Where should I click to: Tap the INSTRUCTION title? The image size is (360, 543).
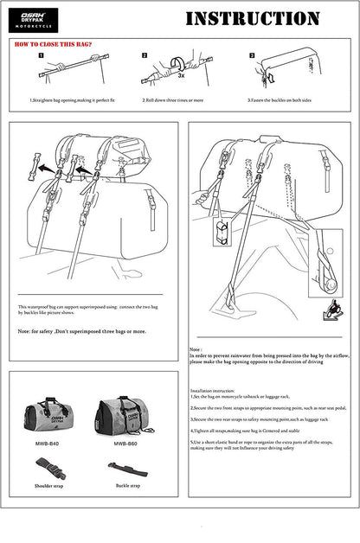point(252,18)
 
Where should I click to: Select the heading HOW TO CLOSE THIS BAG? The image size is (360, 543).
point(55,42)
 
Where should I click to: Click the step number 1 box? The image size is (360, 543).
point(41,54)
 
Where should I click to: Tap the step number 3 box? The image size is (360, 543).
point(252,54)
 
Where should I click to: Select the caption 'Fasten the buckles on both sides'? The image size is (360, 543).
point(286,99)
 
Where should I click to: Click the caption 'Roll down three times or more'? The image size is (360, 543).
point(173,99)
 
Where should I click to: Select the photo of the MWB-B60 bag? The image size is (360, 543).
point(125,413)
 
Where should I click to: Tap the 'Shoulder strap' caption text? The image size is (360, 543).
point(48,486)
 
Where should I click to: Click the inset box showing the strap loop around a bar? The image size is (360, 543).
point(224,235)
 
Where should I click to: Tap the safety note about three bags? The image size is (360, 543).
point(82,330)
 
